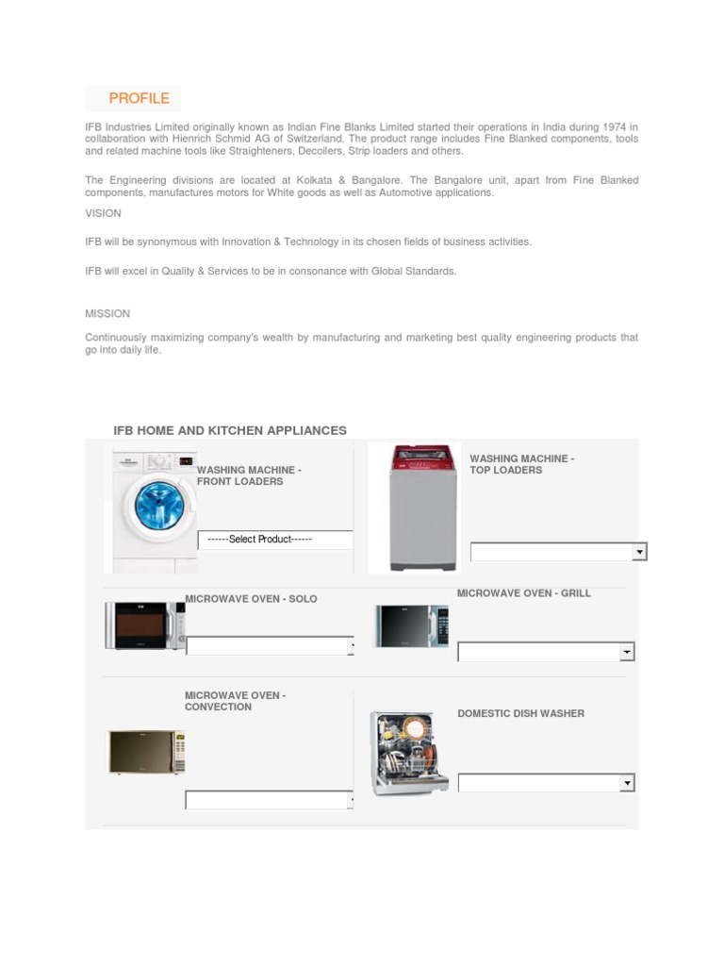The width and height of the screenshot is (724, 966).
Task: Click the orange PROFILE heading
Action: tap(139, 98)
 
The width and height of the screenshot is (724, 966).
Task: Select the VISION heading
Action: tap(103, 213)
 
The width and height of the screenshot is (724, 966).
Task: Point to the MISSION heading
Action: tap(107, 313)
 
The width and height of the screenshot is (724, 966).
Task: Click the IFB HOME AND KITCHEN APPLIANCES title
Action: tap(230, 430)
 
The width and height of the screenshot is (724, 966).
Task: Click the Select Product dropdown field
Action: tap(274, 540)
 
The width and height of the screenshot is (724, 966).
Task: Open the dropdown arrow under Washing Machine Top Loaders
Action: tap(639, 552)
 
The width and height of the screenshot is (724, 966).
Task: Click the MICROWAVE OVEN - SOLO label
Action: tap(251, 599)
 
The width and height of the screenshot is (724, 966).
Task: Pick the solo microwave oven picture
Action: tap(144, 625)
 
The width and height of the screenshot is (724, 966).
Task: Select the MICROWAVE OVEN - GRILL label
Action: tap(524, 593)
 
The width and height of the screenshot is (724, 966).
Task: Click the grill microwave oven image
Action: tap(411, 625)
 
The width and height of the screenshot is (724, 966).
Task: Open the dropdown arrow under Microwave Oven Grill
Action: tap(627, 652)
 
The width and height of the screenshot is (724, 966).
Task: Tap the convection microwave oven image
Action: tap(145, 752)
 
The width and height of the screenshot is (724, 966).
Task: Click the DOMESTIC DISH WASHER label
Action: tap(520, 713)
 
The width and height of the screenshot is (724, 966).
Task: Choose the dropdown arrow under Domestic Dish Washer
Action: tap(627, 783)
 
